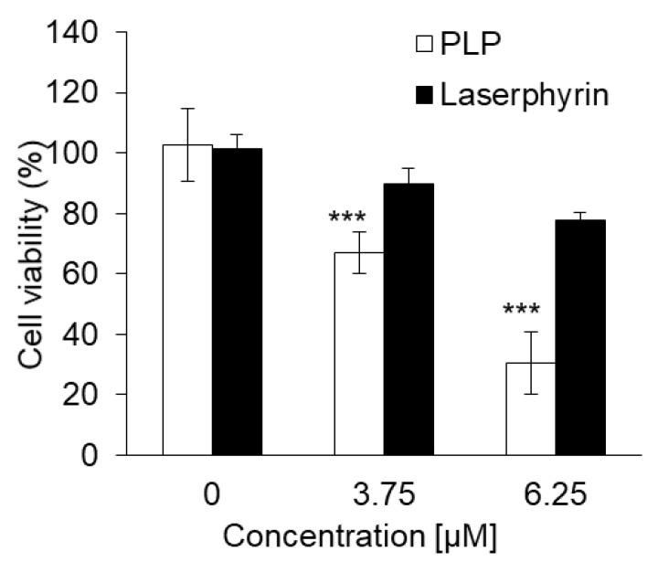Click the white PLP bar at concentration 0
[187, 302]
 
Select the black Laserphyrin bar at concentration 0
[237, 302]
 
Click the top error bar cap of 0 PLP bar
[187, 109]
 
